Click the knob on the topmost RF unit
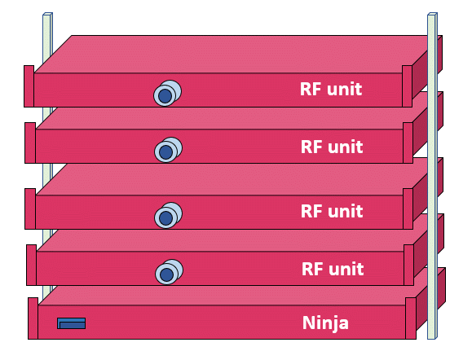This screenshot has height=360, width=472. click(167, 93)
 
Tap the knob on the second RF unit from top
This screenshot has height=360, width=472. click(168, 150)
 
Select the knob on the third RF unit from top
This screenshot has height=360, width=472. click(168, 215)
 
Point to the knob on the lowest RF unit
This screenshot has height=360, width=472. click(170, 272)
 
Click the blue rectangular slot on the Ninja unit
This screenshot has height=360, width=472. click(72, 323)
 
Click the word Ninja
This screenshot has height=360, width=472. click(325, 323)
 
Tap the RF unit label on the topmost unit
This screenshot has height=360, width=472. click(331, 89)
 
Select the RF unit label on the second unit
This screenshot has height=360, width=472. click(332, 147)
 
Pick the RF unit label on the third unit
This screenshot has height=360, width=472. click(332, 211)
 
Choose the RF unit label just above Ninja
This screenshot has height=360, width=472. click(333, 269)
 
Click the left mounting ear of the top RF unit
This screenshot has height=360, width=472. click(29, 86)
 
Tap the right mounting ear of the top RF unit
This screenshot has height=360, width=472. click(407, 86)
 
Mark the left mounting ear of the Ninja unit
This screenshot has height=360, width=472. click(33, 318)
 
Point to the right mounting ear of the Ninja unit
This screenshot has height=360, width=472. click(411, 318)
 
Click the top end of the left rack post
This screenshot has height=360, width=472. click(47, 14)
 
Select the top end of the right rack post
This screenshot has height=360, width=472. click(432, 14)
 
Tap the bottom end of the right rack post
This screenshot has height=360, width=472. click(432, 338)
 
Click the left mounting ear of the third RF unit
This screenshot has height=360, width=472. click(30, 209)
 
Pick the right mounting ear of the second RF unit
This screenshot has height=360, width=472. click(408, 143)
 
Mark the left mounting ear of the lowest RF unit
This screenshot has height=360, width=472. click(32, 265)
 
